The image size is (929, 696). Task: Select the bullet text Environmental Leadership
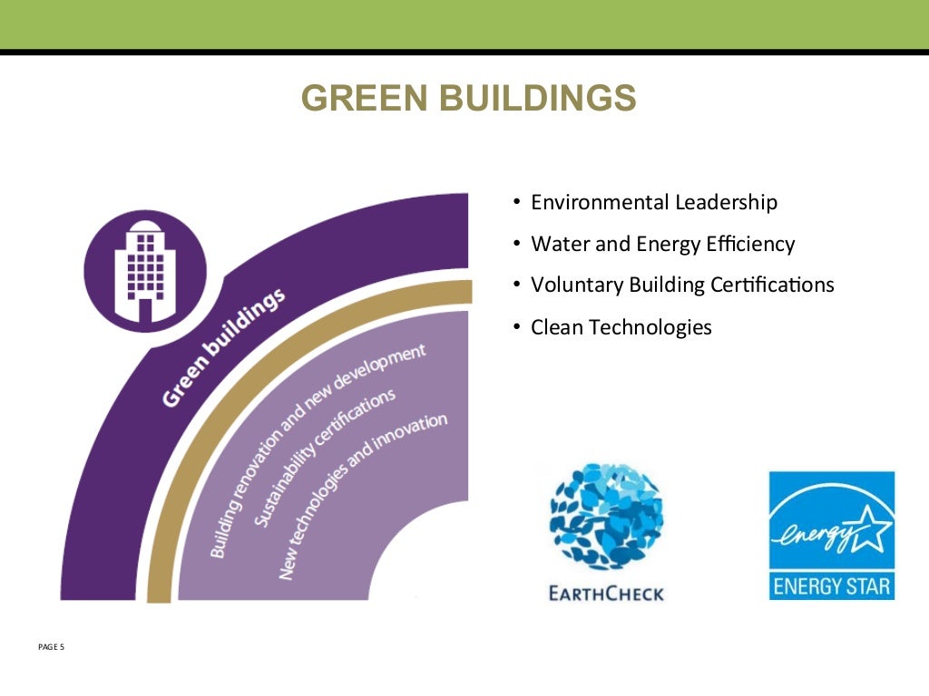(x=653, y=202)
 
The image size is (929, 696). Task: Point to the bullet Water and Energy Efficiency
(x=662, y=244)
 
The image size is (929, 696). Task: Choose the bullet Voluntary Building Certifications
(x=682, y=285)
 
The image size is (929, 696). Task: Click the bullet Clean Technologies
(x=621, y=327)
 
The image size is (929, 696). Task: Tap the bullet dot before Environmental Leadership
(x=516, y=202)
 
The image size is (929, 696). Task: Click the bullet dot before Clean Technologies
(x=516, y=327)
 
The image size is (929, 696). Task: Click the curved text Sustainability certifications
(x=322, y=458)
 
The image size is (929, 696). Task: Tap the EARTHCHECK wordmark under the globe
(x=607, y=594)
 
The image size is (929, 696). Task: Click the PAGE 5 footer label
(x=52, y=647)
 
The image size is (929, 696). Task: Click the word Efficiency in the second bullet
(x=750, y=244)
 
